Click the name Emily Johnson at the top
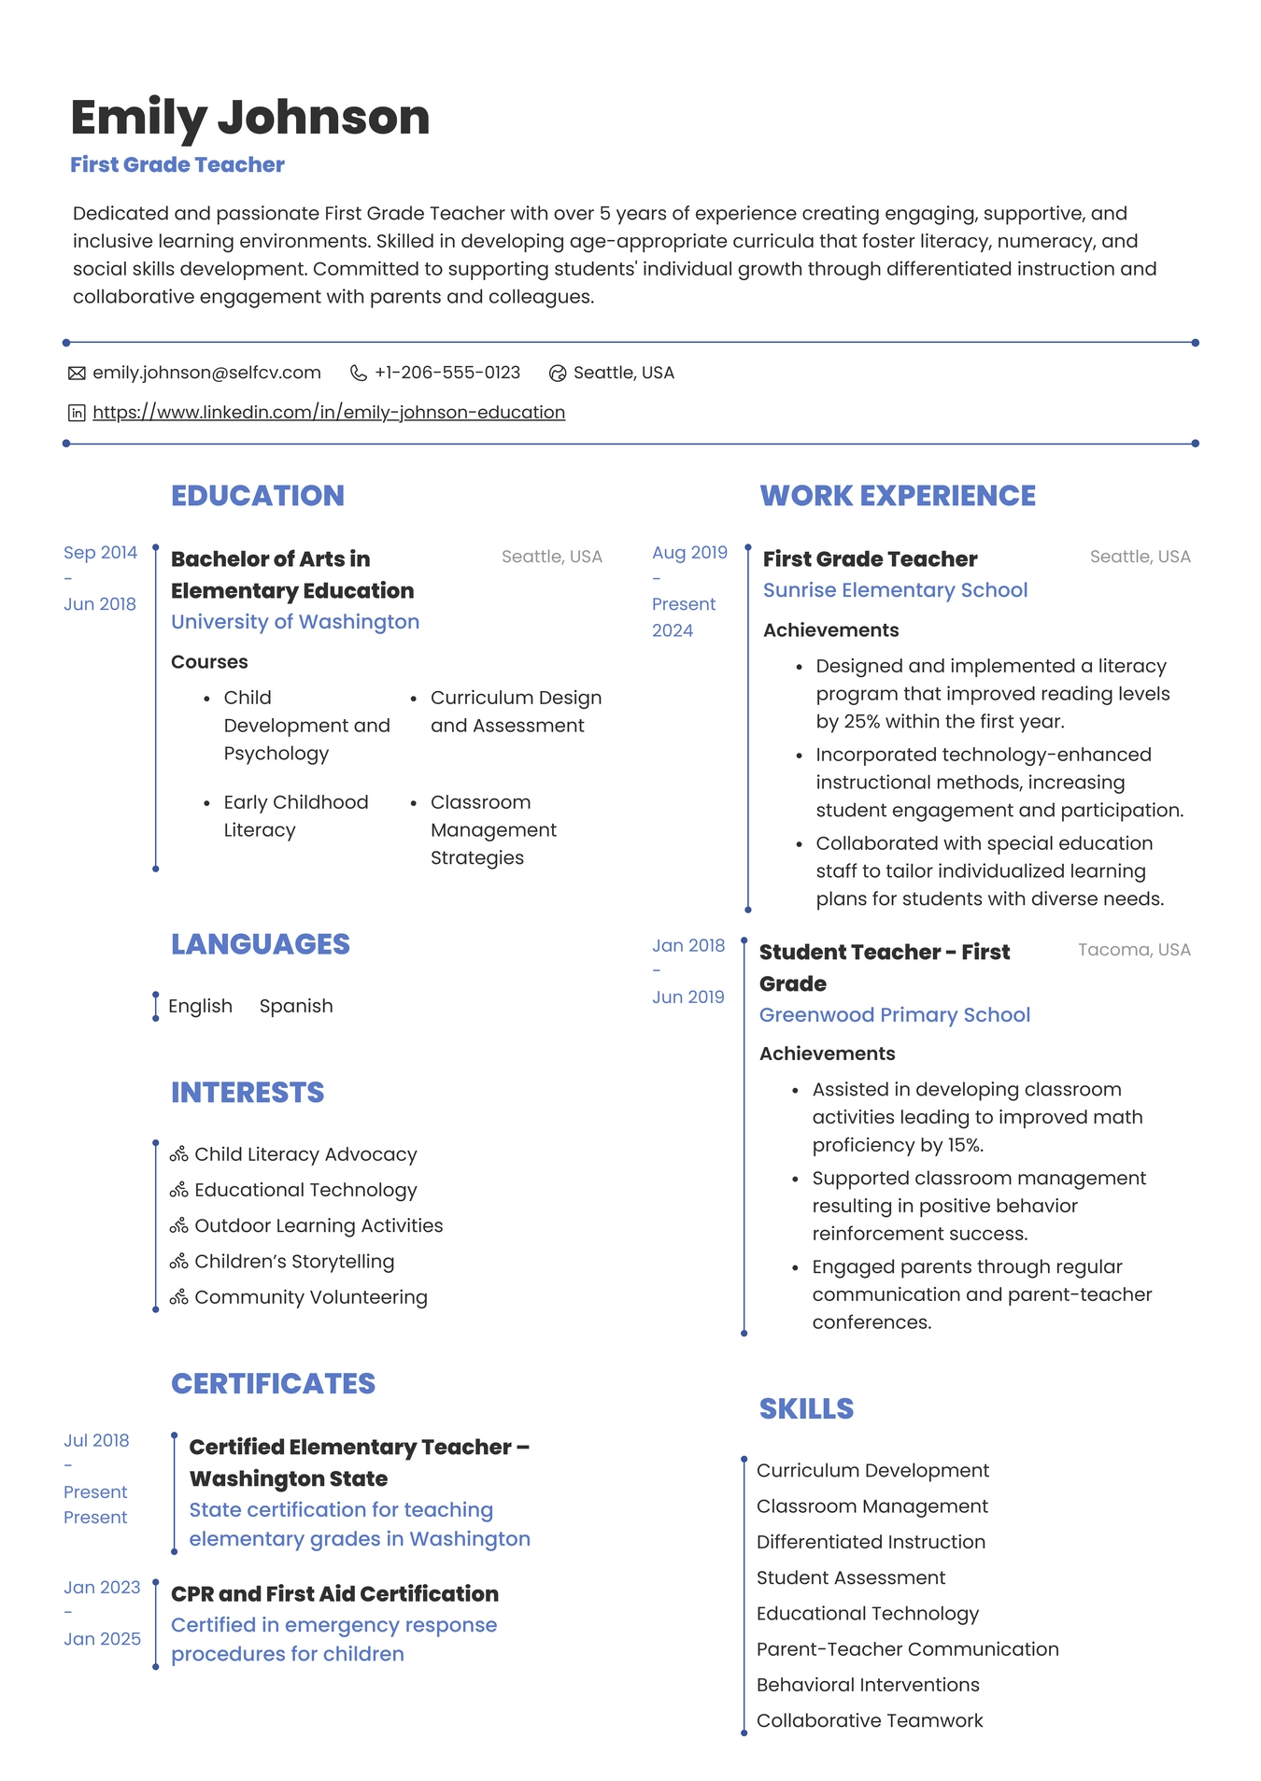(249, 118)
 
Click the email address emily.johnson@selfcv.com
(206, 373)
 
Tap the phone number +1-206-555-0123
(447, 373)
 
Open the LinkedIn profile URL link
(329, 412)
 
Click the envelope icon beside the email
(77, 374)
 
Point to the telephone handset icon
(358, 374)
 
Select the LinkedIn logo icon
(77, 413)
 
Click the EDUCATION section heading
(258, 496)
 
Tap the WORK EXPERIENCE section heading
(897, 496)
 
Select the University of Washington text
(295, 622)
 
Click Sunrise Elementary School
(895, 590)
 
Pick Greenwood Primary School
(894, 1015)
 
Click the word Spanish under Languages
(296, 1006)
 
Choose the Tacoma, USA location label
(1134, 950)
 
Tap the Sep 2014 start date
(100, 553)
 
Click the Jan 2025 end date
(102, 1639)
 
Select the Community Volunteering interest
(310, 1297)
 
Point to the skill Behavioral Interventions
(868, 1685)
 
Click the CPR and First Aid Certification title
(334, 1594)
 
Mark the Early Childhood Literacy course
(295, 816)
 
